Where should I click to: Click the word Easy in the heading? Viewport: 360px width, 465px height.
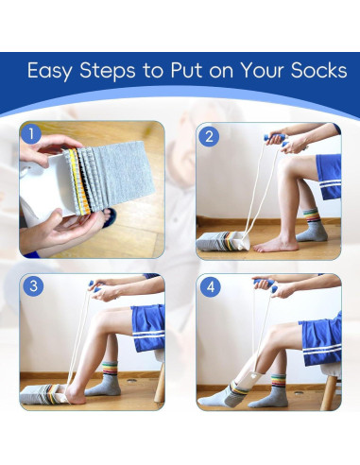pyautogui.click(x=49, y=71)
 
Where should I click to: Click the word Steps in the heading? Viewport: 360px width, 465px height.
pyautogui.click(x=108, y=71)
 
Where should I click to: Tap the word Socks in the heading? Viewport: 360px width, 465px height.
pyautogui.click(x=318, y=70)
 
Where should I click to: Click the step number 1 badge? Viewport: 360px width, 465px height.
pyautogui.click(x=31, y=134)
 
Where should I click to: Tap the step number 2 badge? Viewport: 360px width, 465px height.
pyautogui.click(x=209, y=137)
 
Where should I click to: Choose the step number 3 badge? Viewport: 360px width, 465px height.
pyautogui.click(x=33, y=285)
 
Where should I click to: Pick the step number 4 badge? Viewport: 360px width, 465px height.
pyautogui.click(x=211, y=287)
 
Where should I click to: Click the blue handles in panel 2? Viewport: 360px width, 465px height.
pyautogui.click(x=276, y=140)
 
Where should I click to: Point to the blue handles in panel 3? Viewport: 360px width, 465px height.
pyautogui.click(x=94, y=286)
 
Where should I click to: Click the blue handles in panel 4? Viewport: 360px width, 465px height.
pyautogui.click(x=266, y=284)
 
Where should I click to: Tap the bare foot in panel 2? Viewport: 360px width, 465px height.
pyautogui.click(x=276, y=245)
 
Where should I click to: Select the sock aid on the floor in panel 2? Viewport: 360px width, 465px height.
pyautogui.click(x=223, y=241)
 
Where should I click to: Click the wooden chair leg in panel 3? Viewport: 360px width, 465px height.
pyautogui.click(x=160, y=383)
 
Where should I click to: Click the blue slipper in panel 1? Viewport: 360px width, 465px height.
pyautogui.click(x=110, y=216)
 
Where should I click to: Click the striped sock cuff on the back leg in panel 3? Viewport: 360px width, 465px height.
pyautogui.click(x=110, y=369)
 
